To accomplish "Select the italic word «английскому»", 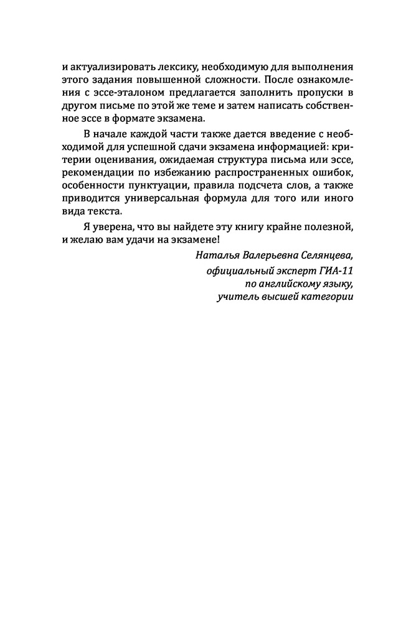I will click(285, 284).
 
